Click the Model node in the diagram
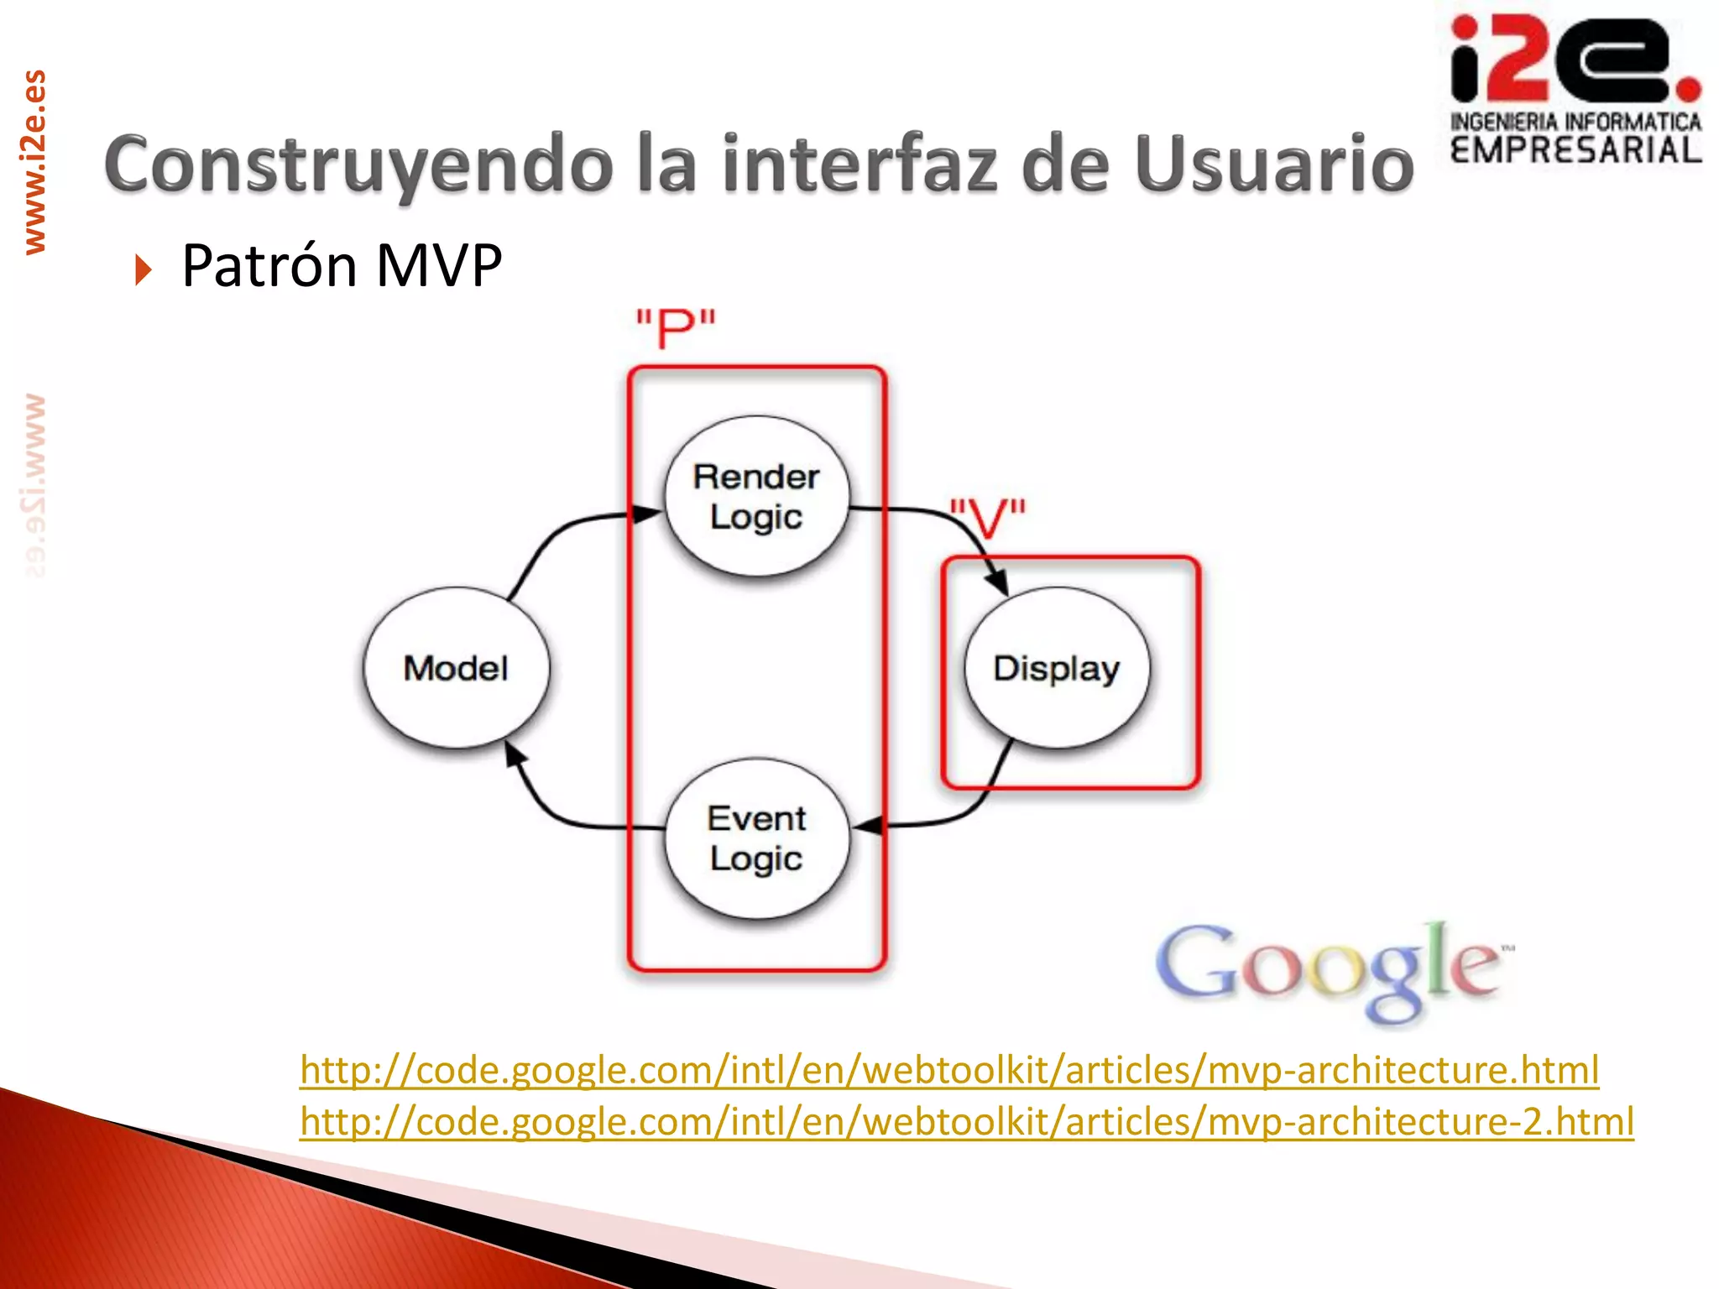click(x=456, y=668)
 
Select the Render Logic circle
click(x=756, y=496)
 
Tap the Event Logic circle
click(x=756, y=838)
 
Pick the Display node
click(x=1057, y=668)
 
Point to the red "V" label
click(x=988, y=519)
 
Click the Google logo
click(x=1333, y=969)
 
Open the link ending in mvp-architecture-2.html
click(x=965, y=1122)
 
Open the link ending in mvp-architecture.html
click(x=948, y=1070)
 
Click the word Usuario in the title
click(x=1274, y=164)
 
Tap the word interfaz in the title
click(x=859, y=164)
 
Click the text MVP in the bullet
click(x=438, y=265)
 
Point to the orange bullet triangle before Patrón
click(x=144, y=269)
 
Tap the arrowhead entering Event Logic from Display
click(x=869, y=825)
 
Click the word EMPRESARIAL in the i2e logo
click(x=1575, y=151)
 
